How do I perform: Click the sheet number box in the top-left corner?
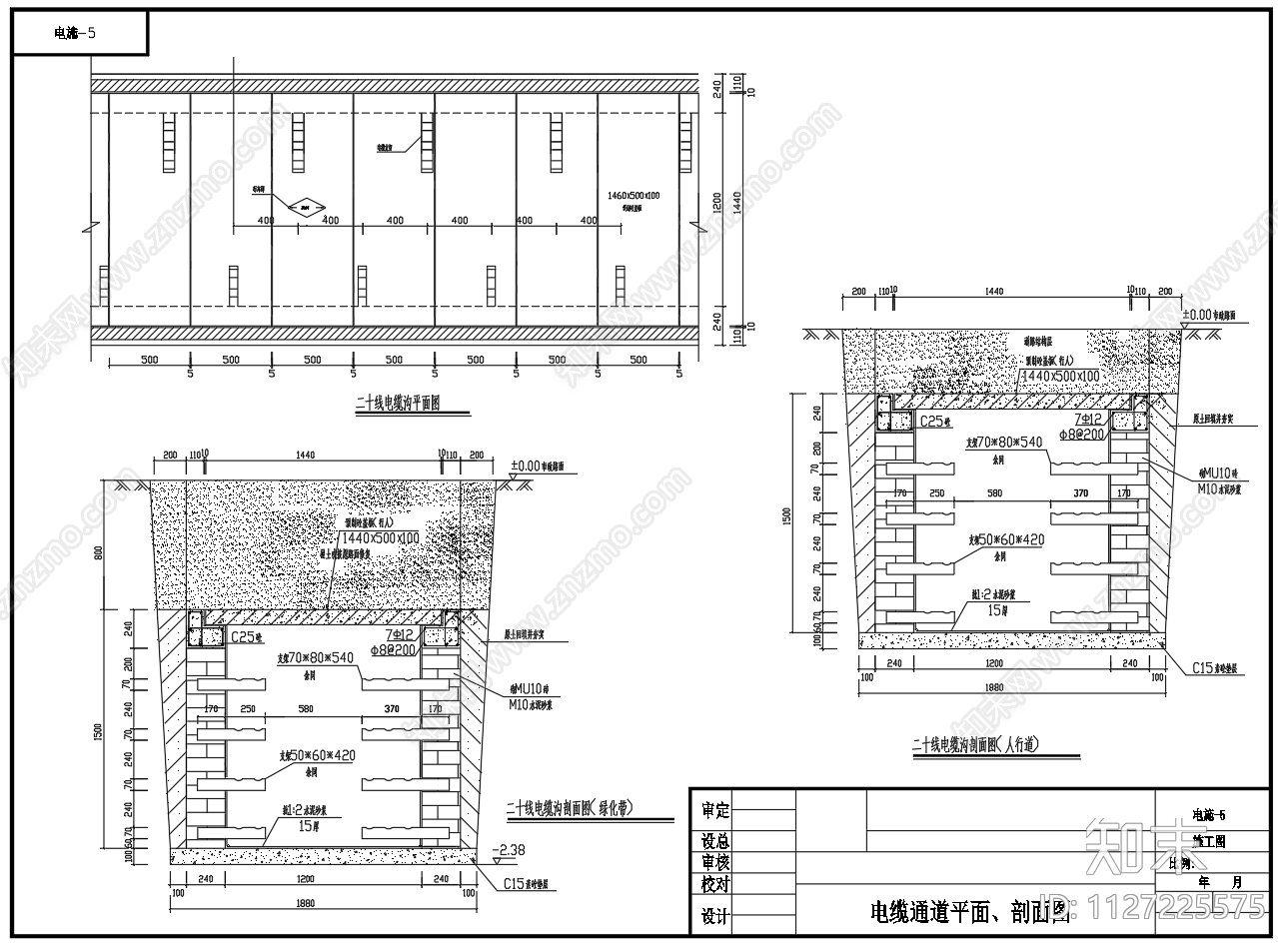coord(78,33)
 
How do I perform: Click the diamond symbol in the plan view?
coord(307,207)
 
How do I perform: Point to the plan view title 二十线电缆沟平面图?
coord(398,405)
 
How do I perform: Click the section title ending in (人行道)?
coord(975,744)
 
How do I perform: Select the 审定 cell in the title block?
coord(715,811)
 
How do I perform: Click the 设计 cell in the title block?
coord(715,916)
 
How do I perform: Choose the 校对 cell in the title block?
coord(715,884)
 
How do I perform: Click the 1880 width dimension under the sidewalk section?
coord(1010,687)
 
